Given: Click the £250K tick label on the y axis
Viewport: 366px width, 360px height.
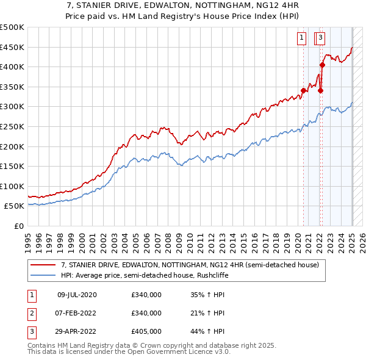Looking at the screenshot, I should pyautogui.click(x=13, y=126).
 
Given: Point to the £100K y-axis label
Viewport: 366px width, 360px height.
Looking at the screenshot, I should pyautogui.click(x=13, y=186).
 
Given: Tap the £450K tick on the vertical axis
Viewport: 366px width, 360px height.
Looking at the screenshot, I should pyautogui.click(x=13, y=47).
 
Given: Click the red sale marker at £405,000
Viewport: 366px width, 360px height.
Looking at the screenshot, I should pyautogui.click(x=322, y=65).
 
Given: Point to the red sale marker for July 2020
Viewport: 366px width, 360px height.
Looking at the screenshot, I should pyautogui.click(x=303, y=90).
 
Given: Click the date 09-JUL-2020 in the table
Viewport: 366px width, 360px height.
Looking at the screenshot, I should pyautogui.click(x=77, y=295).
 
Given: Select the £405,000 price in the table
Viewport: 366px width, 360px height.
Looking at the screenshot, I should pyautogui.click(x=146, y=333).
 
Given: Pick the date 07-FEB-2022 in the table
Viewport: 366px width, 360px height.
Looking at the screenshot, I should pyautogui.click(x=77, y=314).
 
